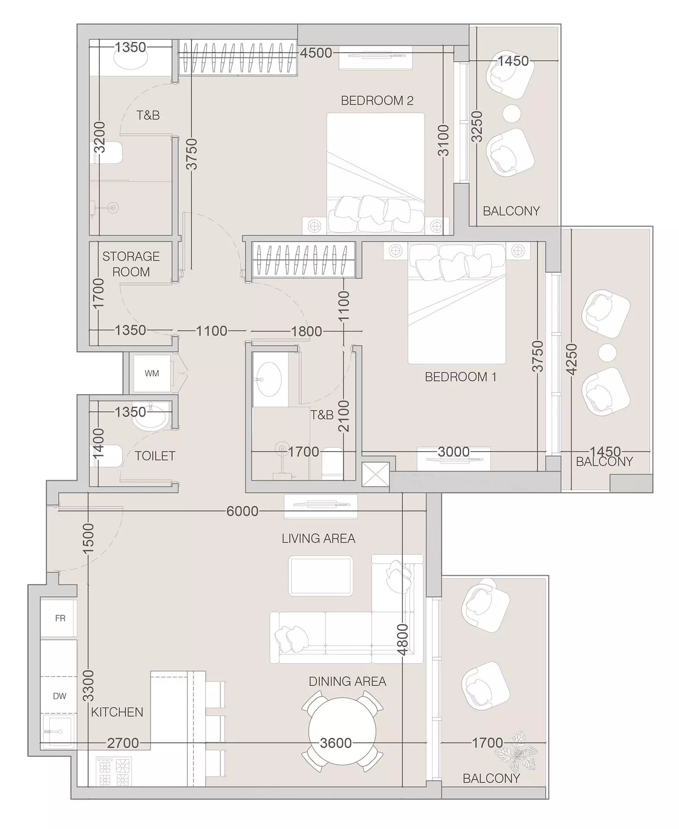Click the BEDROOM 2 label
point(377,101)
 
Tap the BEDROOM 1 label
point(460,377)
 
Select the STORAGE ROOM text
point(131,264)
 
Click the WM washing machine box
point(152,373)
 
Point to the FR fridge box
point(60,618)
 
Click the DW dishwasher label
point(60,696)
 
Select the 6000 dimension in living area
point(242,511)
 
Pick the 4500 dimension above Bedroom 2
point(316,53)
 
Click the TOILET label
point(155,456)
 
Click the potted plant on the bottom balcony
point(516,751)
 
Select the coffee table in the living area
point(321,576)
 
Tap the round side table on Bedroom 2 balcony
point(512,113)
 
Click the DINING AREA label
point(347,681)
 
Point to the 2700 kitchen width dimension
point(123,743)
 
